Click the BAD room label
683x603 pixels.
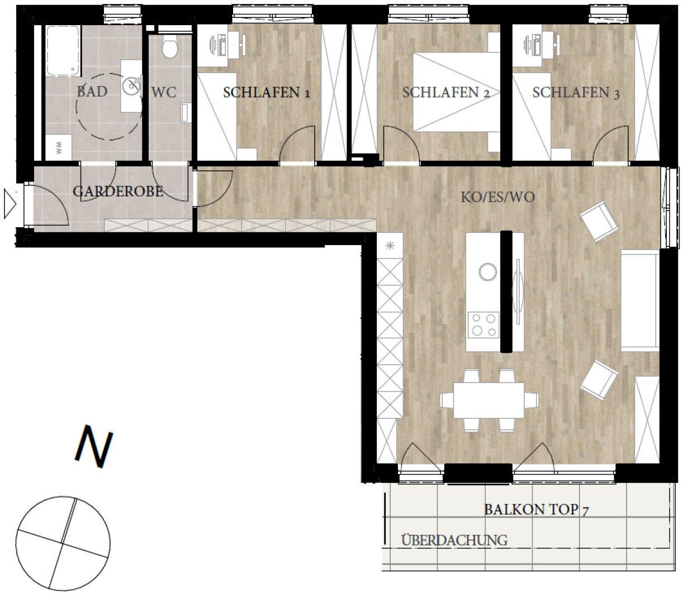pyautogui.click(x=92, y=92)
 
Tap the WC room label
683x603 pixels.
pyautogui.click(x=164, y=92)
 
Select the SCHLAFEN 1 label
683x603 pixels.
pyautogui.click(x=266, y=93)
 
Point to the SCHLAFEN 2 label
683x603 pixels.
pyautogui.click(x=445, y=93)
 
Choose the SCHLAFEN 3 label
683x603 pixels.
pyautogui.click(x=576, y=93)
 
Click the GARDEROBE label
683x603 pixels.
pyautogui.click(x=118, y=192)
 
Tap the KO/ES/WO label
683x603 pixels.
pyautogui.click(x=497, y=197)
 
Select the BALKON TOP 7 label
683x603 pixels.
pyautogui.click(x=537, y=509)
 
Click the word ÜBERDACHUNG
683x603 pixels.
pyautogui.click(x=454, y=540)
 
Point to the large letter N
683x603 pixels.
pyautogui.click(x=93, y=447)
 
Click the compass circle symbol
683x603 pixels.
pyautogui.click(x=63, y=543)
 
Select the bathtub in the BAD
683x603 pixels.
pyautogui.click(x=63, y=51)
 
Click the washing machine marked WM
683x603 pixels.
pyautogui.click(x=59, y=147)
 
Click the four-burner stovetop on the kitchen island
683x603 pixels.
pyautogui.click(x=483, y=324)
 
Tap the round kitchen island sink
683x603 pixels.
pyautogui.click(x=487, y=271)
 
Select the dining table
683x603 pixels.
pyautogui.click(x=488, y=400)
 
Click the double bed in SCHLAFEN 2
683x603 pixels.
pyautogui.click(x=457, y=92)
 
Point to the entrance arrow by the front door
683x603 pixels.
pyautogui.click(x=10, y=204)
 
